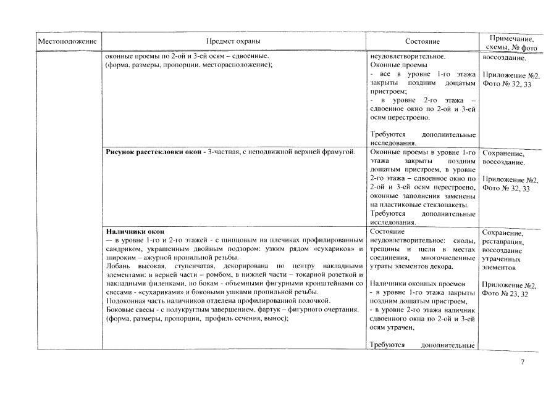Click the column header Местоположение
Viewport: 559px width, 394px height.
point(68,41)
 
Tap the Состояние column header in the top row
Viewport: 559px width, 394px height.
point(422,41)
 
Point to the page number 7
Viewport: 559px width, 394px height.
point(523,361)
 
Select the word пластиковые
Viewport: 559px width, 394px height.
point(402,204)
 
